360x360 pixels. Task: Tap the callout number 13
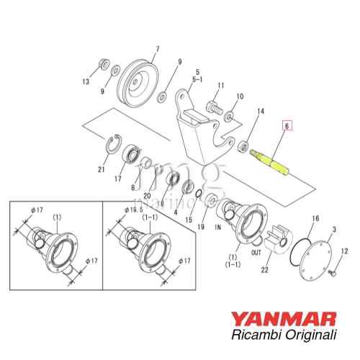(86, 82)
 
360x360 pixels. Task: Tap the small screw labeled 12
(332, 275)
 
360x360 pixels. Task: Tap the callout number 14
(261, 112)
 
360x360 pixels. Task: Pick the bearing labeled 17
(134, 153)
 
